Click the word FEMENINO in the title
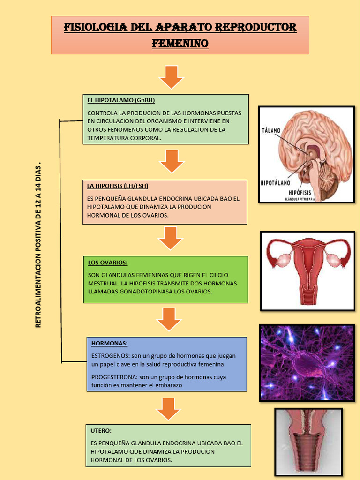(x=180, y=44)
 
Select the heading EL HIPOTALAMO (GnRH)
(x=121, y=100)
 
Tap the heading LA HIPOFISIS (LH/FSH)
(x=118, y=186)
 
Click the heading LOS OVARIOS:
(x=108, y=262)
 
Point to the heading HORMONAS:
(x=110, y=344)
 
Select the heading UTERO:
(x=101, y=430)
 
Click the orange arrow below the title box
(x=171, y=77)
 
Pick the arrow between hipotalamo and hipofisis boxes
(x=172, y=161)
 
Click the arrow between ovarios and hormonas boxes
(x=169, y=319)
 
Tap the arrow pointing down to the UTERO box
(x=168, y=409)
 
